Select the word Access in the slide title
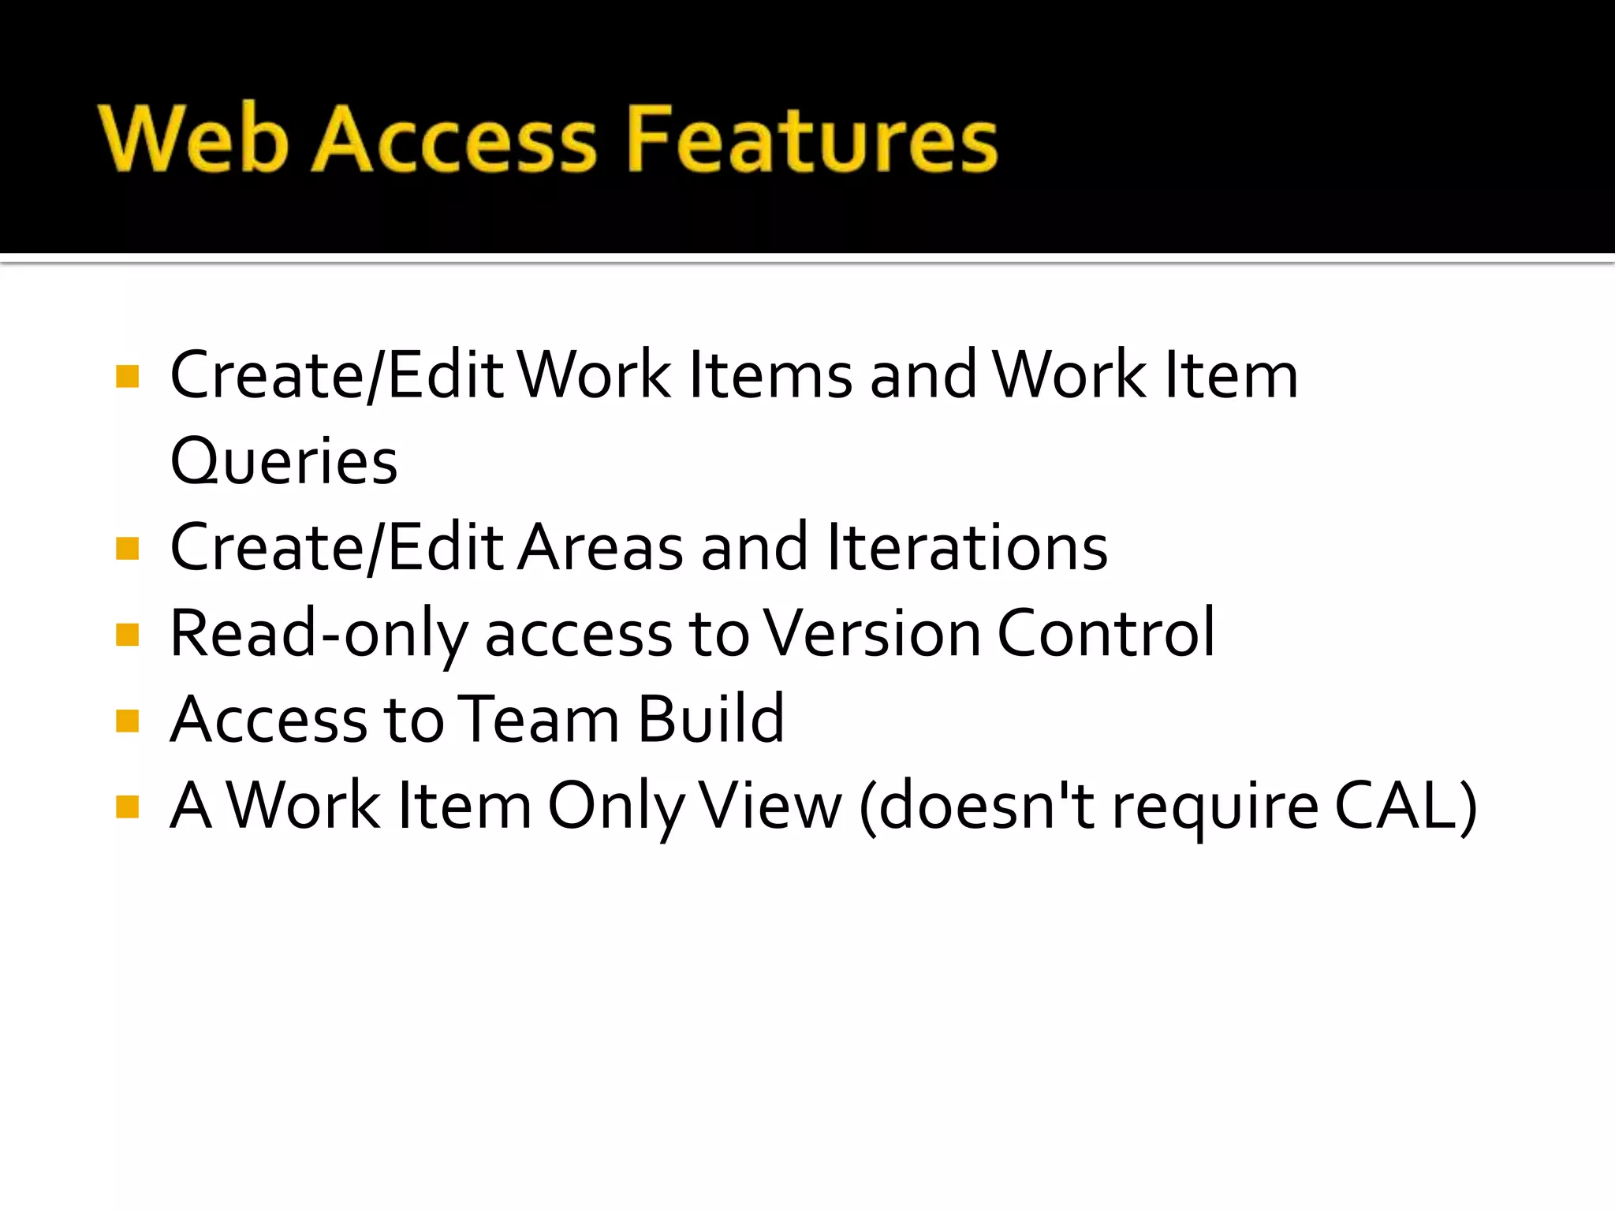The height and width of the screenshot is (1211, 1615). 455,140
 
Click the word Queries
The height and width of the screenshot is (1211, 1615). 284,461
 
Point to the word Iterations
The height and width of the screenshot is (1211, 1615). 968,547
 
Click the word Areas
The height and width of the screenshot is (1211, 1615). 601,547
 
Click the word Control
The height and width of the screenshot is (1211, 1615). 1106,634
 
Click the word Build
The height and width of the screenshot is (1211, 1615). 711,720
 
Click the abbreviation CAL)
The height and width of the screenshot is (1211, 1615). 1406,806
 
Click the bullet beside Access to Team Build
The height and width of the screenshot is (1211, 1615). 127,721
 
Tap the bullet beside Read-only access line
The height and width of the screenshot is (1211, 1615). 127,634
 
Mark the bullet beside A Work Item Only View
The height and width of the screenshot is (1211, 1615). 127,807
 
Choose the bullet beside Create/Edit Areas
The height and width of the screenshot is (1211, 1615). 127,548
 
